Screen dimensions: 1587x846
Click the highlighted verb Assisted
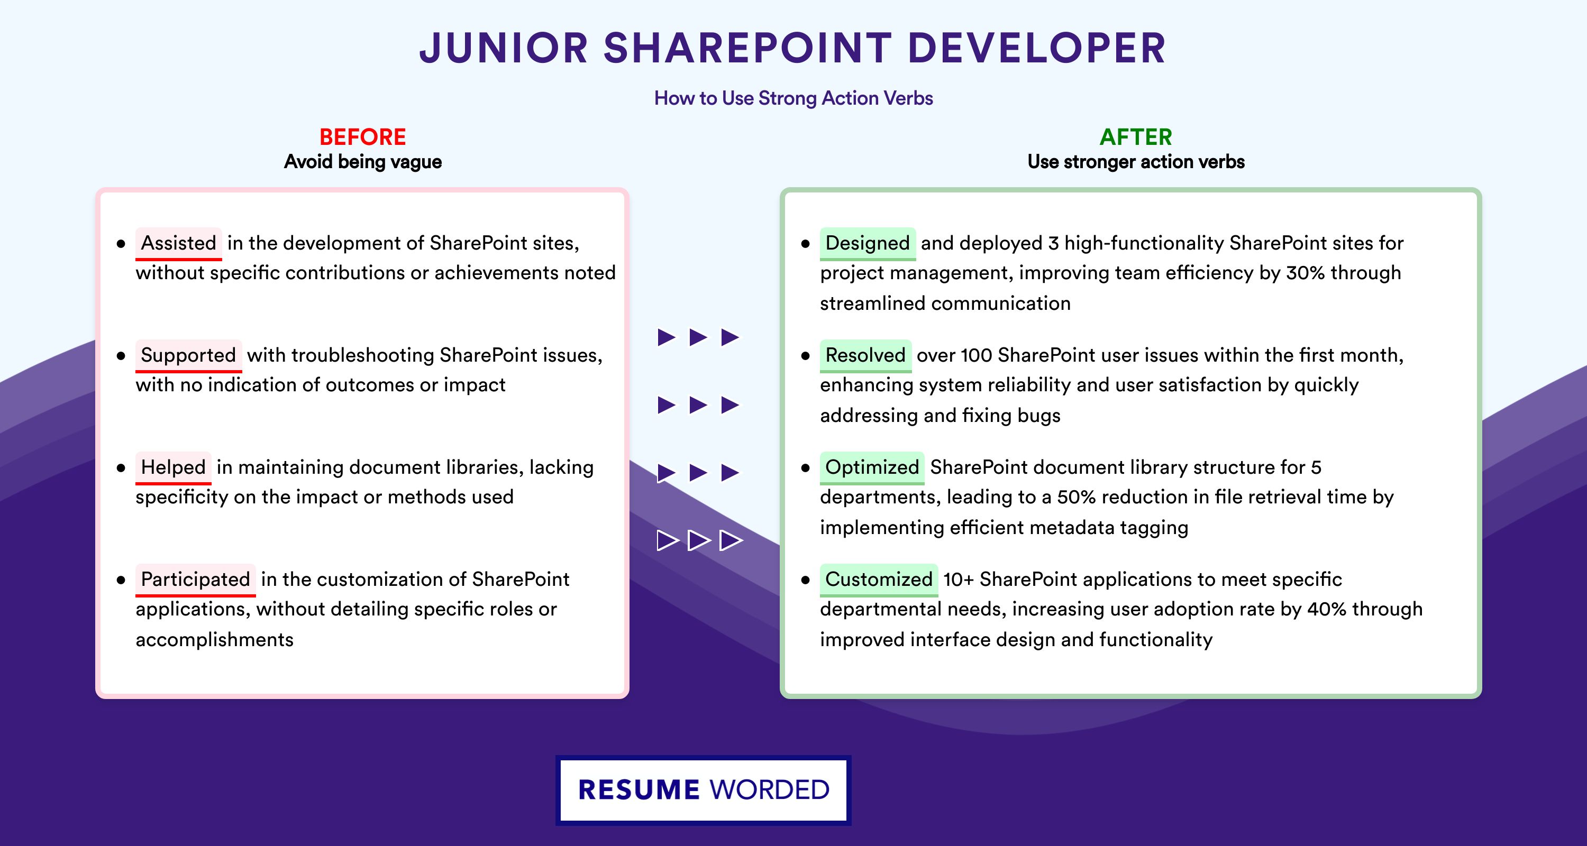point(179,243)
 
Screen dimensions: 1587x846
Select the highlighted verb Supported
point(188,355)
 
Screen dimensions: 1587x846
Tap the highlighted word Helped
point(173,467)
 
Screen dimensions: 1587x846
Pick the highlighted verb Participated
point(195,580)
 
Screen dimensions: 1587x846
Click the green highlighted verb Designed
point(868,243)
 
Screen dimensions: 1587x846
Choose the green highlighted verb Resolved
point(865,355)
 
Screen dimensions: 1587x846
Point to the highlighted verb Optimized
point(872,467)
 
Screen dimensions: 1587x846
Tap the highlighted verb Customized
point(879,580)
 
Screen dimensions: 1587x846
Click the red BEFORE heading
point(363,137)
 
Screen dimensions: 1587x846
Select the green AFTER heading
point(1136,137)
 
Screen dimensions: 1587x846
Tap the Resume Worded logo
point(704,790)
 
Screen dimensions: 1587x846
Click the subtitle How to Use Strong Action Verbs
point(793,98)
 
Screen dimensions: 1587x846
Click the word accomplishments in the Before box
point(214,640)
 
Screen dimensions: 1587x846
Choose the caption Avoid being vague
point(363,162)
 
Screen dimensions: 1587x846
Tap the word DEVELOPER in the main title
point(1037,48)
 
